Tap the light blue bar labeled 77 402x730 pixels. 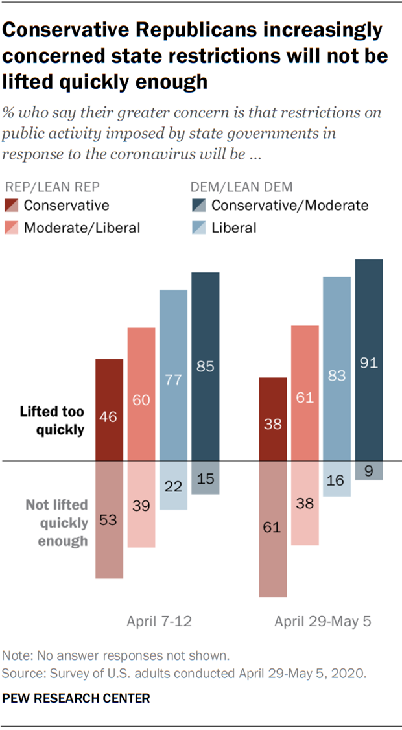coord(173,375)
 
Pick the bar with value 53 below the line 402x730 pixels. coord(110,519)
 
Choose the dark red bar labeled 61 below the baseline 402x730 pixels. coord(272,529)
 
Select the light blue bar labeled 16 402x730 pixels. coord(337,479)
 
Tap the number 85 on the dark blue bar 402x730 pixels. coord(205,367)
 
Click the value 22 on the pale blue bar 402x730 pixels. coord(173,486)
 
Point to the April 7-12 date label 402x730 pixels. coord(159,621)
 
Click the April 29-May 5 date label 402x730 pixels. coord(322,621)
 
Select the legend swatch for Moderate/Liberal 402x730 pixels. coord(13,228)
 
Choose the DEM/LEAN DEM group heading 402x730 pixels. coord(241,187)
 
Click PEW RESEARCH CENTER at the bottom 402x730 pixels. coord(77,699)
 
